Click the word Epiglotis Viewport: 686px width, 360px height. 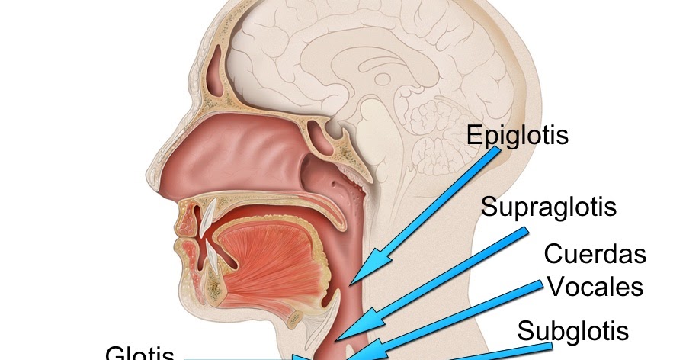click(518, 136)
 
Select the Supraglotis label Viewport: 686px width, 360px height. click(549, 206)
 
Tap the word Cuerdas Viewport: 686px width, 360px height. click(595, 253)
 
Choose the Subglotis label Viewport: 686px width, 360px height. click(573, 331)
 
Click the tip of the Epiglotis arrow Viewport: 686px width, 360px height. click(354, 280)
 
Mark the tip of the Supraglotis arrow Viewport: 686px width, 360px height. click(336, 338)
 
